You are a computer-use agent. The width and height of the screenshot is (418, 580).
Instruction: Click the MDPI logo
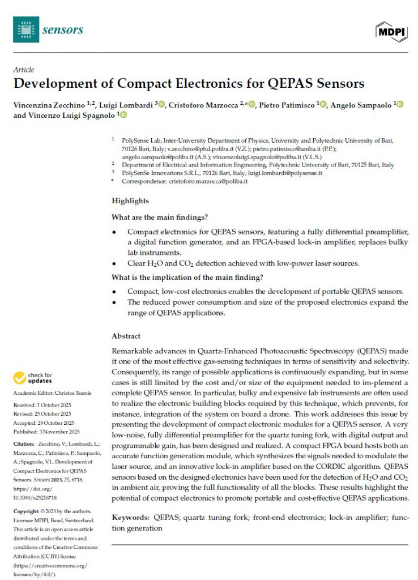391,31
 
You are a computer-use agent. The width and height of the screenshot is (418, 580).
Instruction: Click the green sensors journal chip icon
26,29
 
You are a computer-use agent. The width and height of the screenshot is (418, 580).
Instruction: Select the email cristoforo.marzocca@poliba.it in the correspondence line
208,181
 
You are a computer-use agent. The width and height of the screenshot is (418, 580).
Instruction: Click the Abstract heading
126,336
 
